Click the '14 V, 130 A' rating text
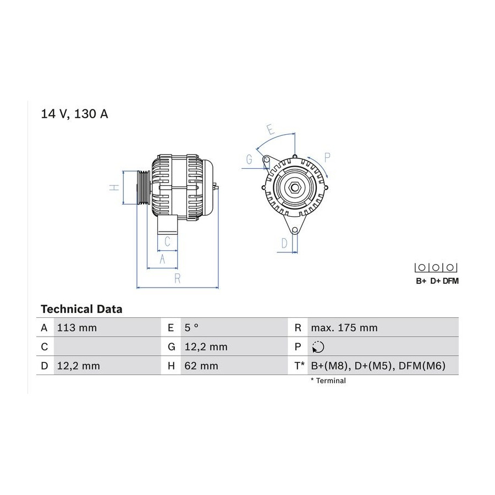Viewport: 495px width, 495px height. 74,114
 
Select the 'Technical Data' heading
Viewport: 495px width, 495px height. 81,309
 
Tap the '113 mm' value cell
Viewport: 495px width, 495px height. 76,328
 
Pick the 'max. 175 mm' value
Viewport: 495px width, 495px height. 344,328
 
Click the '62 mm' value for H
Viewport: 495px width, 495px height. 201,366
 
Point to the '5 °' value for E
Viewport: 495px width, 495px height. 191,328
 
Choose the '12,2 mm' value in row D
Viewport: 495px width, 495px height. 78,366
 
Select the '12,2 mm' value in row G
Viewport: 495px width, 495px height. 206,347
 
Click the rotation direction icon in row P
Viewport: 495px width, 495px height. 317,347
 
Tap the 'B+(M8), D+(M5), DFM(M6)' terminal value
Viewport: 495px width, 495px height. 378,366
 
